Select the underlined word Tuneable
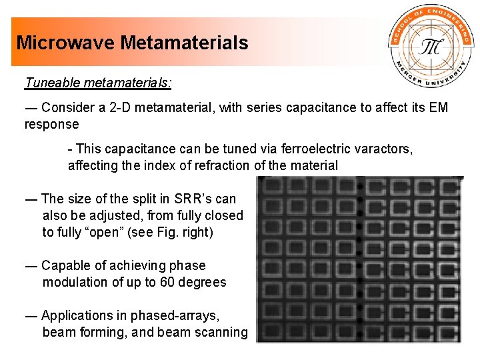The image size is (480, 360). pyautogui.click(x=52, y=83)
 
